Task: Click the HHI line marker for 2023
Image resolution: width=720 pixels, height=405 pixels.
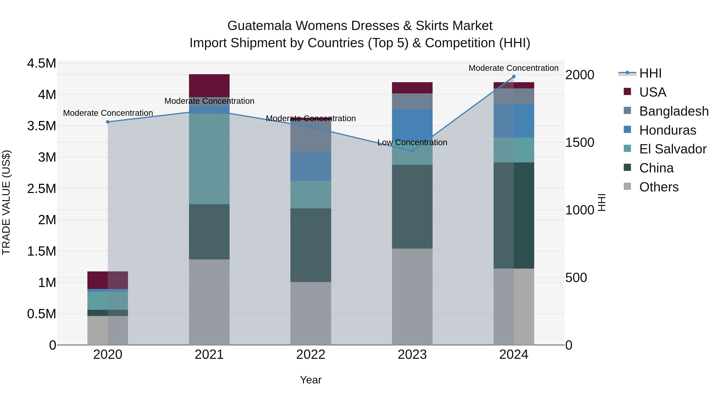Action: (412, 151)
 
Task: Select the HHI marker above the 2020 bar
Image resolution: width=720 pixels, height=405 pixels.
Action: (108, 122)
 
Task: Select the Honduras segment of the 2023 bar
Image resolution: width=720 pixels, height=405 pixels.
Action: (412, 123)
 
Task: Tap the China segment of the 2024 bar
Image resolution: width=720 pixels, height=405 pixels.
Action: (514, 215)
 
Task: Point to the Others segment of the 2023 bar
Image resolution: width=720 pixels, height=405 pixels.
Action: (412, 296)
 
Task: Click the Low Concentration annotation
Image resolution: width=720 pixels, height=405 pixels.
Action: (412, 143)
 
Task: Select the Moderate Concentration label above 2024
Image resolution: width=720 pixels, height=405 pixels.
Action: (513, 68)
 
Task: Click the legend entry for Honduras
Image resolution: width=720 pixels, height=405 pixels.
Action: (667, 130)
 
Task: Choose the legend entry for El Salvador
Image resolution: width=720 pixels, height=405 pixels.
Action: (672, 149)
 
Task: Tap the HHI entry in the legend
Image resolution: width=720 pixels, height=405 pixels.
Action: (650, 73)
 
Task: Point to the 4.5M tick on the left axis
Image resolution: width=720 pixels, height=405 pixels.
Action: (41, 63)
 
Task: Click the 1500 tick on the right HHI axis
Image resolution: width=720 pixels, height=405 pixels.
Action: (580, 143)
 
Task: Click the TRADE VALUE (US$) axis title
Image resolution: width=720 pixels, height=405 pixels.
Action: (6, 202)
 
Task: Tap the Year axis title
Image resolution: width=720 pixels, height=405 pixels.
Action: (311, 380)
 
